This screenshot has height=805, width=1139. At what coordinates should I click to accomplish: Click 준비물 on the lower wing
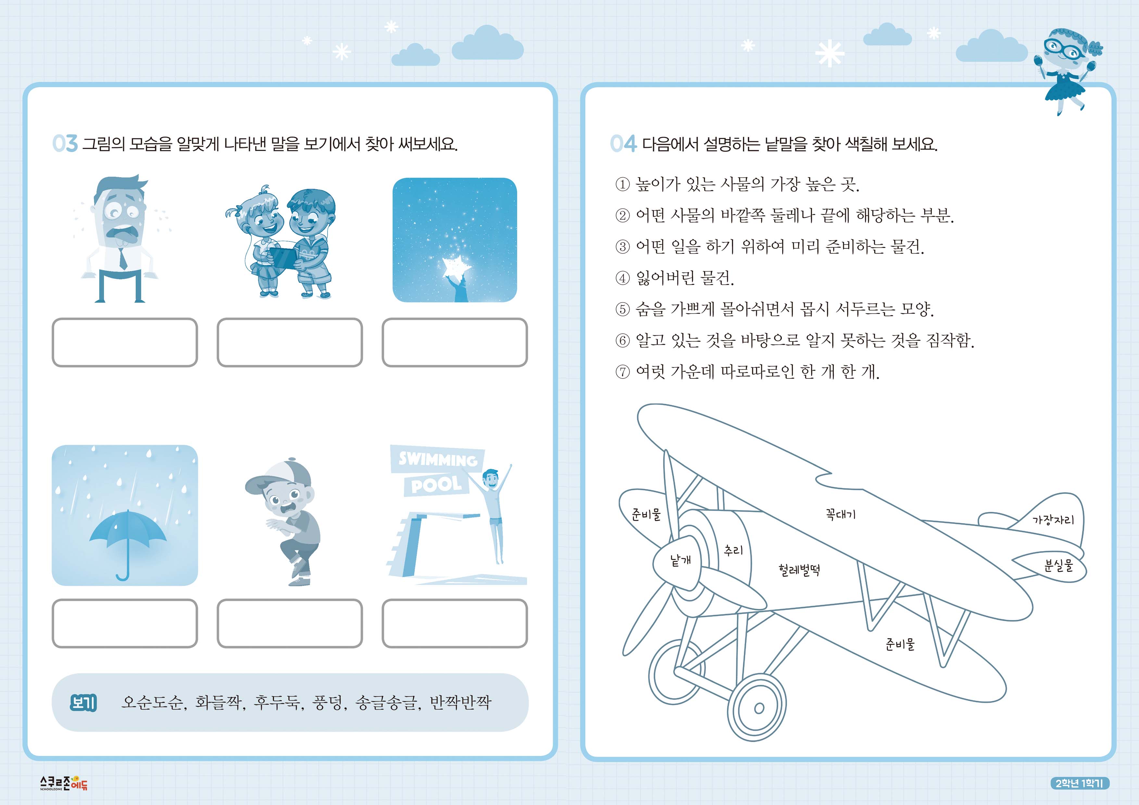coord(900,644)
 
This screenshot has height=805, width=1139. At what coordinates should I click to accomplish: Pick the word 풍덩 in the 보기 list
coord(328,702)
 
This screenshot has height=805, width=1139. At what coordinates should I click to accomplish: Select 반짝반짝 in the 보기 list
coord(460,702)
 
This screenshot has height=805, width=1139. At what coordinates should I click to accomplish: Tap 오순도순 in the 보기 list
coord(152,702)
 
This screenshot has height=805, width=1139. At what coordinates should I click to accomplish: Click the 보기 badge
coord(83,702)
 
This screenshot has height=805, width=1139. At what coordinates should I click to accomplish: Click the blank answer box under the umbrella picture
coord(125,623)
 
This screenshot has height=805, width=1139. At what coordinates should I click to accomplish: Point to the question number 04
coord(623,144)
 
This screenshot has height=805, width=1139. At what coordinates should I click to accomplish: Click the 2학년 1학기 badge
coord(1079,783)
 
